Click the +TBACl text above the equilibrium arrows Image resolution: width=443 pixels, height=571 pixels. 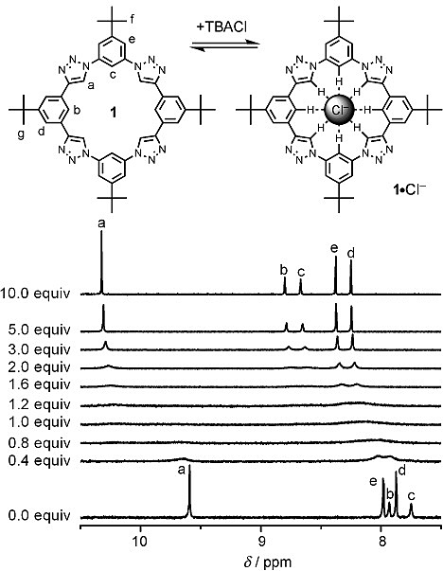[221, 27]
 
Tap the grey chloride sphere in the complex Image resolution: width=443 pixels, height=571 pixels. [339, 109]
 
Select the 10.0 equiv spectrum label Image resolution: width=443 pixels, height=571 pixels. [35, 294]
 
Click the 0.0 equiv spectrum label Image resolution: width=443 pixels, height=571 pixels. [39, 516]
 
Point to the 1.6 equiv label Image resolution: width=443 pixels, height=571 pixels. [39, 384]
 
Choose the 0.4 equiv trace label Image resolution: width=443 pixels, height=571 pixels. [39, 460]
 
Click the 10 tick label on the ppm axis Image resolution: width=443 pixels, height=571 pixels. [140, 541]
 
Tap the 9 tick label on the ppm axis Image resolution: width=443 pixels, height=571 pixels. [261, 541]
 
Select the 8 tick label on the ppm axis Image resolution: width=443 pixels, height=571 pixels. [381, 541]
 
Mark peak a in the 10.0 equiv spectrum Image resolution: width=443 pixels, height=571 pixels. [101, 262]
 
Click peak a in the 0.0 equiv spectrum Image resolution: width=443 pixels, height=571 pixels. [189, 493]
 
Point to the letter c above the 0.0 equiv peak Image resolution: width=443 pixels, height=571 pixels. [412, 495]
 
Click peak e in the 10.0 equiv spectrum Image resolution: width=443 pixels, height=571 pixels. [336, 275]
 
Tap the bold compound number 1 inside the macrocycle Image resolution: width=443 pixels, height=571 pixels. [114, 113]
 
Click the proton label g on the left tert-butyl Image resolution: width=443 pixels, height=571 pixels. [22, 134]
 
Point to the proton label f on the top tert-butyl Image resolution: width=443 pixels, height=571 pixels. [132, 19]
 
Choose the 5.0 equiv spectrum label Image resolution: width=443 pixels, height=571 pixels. [39, 330]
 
